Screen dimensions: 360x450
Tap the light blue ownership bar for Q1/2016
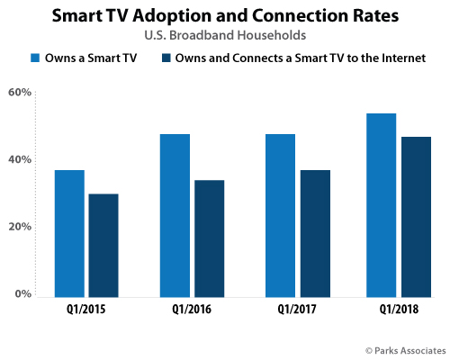(x=175, y=215)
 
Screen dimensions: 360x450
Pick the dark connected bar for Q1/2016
(x=209, y=238)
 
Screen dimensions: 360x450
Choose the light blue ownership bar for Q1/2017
(x=280, y=215)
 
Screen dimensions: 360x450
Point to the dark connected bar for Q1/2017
(x=314, y=233)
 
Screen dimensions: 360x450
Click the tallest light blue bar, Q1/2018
(x=382, y=205)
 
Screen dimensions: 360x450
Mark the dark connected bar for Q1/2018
(x=416, y=217)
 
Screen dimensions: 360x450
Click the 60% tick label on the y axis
(x=20, y=93)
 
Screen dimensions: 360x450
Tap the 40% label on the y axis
(x=20, y=160)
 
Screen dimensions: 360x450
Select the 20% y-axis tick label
(x=20, y=227)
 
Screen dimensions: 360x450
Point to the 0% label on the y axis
(x=23, y=294)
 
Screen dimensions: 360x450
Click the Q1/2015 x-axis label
(x=86, y=311)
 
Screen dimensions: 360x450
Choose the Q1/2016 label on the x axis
(x=192, y=311)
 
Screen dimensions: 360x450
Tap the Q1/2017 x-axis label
(x=297, y=311)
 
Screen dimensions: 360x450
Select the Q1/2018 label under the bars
(x=399, y=311)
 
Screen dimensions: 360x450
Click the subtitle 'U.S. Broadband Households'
(x=224, y=37)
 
